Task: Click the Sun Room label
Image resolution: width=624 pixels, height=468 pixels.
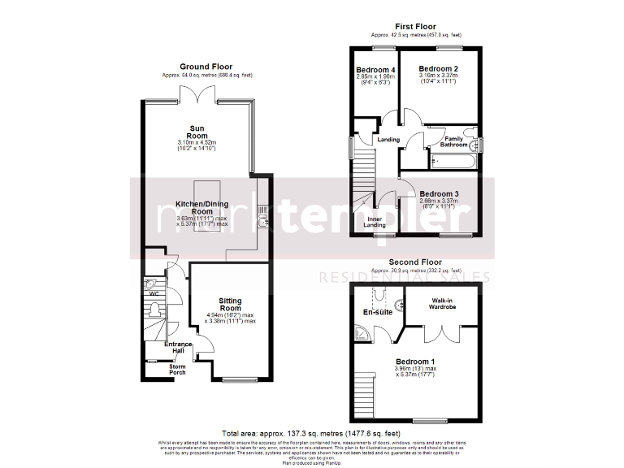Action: pos(197,132)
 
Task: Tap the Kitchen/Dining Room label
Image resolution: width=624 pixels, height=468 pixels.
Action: pos(197,207)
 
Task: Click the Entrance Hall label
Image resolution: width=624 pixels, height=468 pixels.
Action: pos(178,347)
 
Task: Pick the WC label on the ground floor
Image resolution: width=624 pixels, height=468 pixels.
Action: pos(154,294)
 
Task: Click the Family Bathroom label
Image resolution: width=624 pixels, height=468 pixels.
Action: pos(454,141)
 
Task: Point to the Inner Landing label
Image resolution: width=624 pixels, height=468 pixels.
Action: pos(375,222)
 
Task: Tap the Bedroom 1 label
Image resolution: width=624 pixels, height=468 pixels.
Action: pos(416,362)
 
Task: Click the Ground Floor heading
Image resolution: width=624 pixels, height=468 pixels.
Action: pos(206,67)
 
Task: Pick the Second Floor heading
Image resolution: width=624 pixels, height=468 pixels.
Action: pos(415,262)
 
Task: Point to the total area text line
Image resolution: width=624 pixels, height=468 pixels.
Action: pos(312,434)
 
